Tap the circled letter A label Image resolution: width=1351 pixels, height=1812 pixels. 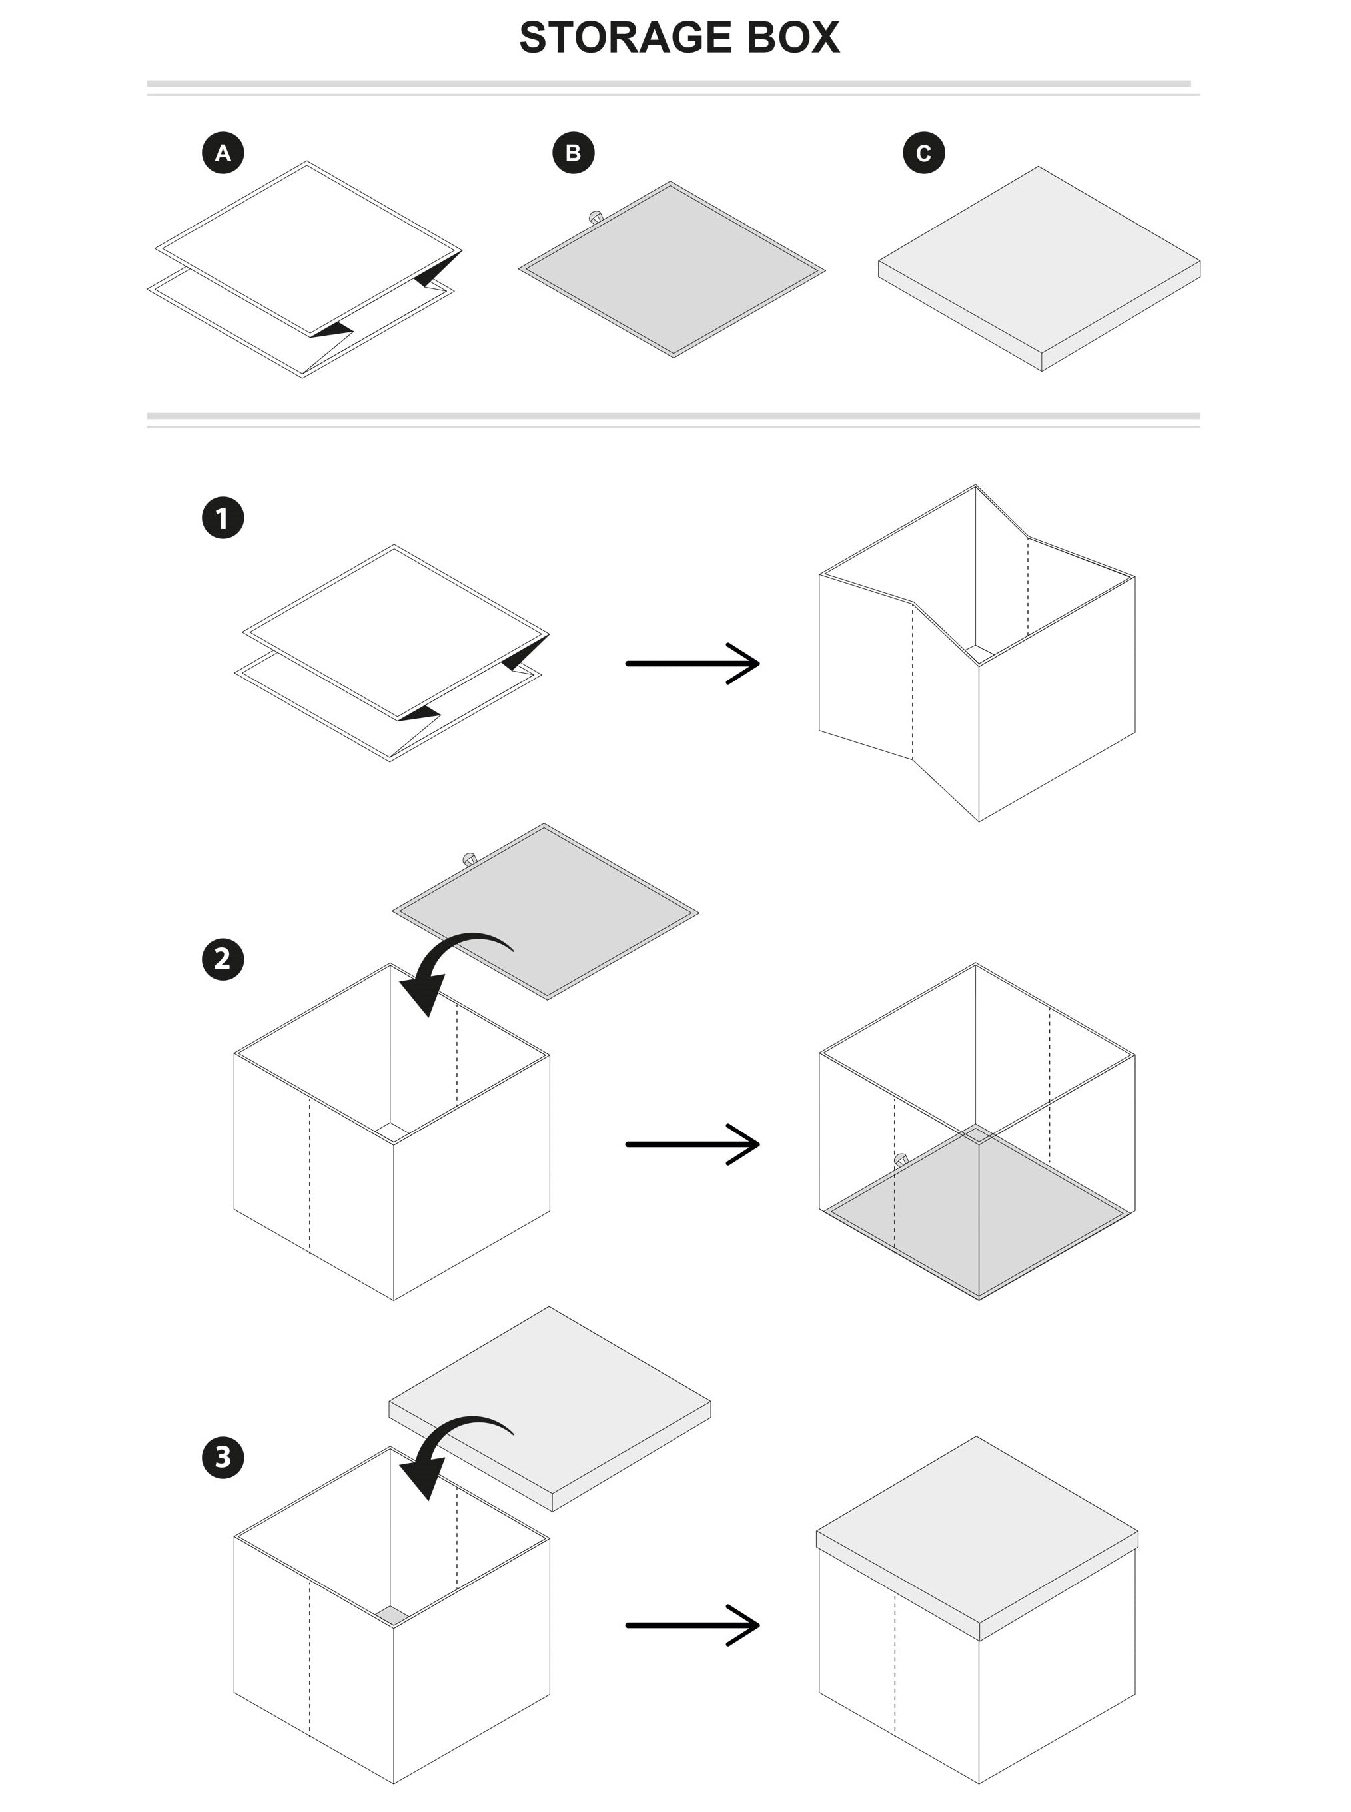point(223,153)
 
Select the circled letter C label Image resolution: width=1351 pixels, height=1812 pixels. point(923,153)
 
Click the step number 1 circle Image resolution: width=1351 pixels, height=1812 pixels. point(223,518)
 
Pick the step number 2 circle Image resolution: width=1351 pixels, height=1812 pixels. point(223,959)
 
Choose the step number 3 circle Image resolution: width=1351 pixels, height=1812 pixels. point(223,1456)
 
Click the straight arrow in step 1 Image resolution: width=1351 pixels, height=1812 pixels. point(692,663)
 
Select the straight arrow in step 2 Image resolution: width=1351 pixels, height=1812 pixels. point(692,1144)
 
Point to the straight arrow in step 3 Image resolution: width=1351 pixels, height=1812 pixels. point(692,1625)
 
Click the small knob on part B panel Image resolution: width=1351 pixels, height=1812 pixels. point(596,217)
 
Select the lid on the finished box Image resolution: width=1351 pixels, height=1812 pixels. point(977,1529)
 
